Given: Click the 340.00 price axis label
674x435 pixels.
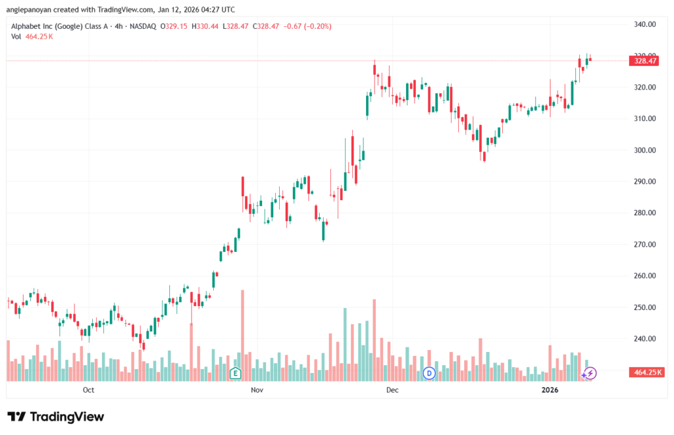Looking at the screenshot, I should click(x=644, y=24).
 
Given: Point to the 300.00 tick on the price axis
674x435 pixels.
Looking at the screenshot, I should click(x=644, y=150).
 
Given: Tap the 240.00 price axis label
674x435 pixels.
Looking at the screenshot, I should click(x=644, y=339).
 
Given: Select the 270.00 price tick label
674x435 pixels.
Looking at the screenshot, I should click(x=644, y=245).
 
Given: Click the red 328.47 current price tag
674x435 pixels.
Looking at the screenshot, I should click(x=644, y=61).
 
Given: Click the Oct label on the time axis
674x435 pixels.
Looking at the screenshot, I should click(x=89, y=390).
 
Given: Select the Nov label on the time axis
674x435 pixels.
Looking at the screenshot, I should click(x=257, y=390).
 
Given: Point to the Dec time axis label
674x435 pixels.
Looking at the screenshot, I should click(x=392, y=390).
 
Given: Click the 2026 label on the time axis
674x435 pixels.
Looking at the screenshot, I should click(x=550, y=390).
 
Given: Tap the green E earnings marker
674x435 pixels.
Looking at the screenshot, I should click(x=235, y=373).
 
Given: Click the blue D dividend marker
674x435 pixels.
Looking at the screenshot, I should click(x=429, y=373).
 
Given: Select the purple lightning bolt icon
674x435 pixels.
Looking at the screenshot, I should click(x=590, y=373).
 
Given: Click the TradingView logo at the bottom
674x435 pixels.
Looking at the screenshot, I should click(x=56, y=417).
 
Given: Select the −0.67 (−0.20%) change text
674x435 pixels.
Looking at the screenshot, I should click(x=307, y=26).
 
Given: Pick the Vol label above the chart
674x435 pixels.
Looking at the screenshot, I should click(x=16, y=37).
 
